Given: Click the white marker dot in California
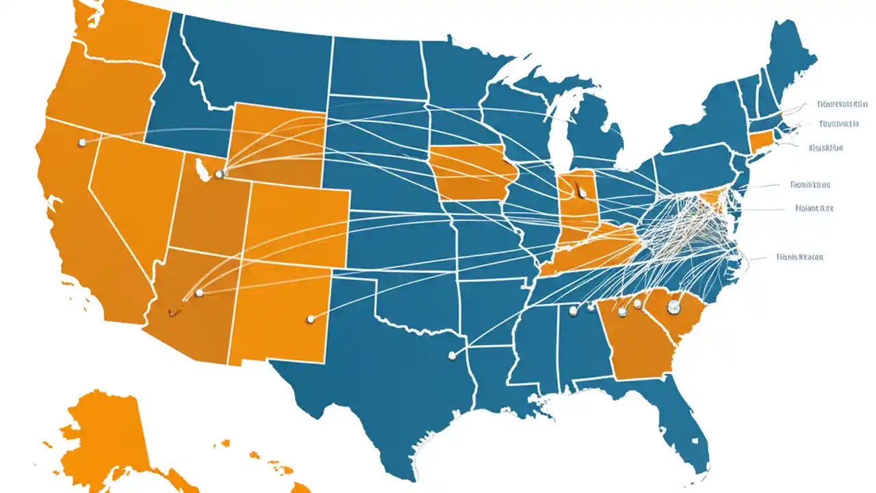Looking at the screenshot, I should [x=82, y=142].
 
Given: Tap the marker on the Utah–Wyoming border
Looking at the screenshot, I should [x=219, y=175].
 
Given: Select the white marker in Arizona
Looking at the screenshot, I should [x=199, y=293].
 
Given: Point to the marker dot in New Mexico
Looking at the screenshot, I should [x=311, y=318].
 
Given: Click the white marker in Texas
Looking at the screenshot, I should [x=452, y=355].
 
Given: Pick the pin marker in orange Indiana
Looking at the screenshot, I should [x=580, y=191].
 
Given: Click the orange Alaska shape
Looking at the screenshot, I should [x=103, y=438].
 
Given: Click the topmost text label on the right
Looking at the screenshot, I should [x=842, y=104].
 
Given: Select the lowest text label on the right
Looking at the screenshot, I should [x=800, y=257].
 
